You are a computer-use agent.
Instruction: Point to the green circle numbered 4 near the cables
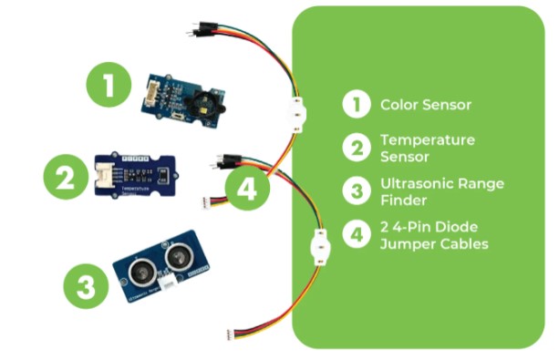(247, 190)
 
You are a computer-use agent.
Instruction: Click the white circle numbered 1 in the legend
(355, 105)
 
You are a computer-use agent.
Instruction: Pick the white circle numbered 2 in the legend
(355, 148)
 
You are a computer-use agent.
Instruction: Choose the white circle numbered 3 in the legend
(355, 190)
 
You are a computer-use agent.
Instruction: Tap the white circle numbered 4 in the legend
(355, 234)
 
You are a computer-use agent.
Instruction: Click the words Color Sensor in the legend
(426, 105)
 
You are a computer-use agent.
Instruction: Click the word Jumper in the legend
(405, 244)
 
